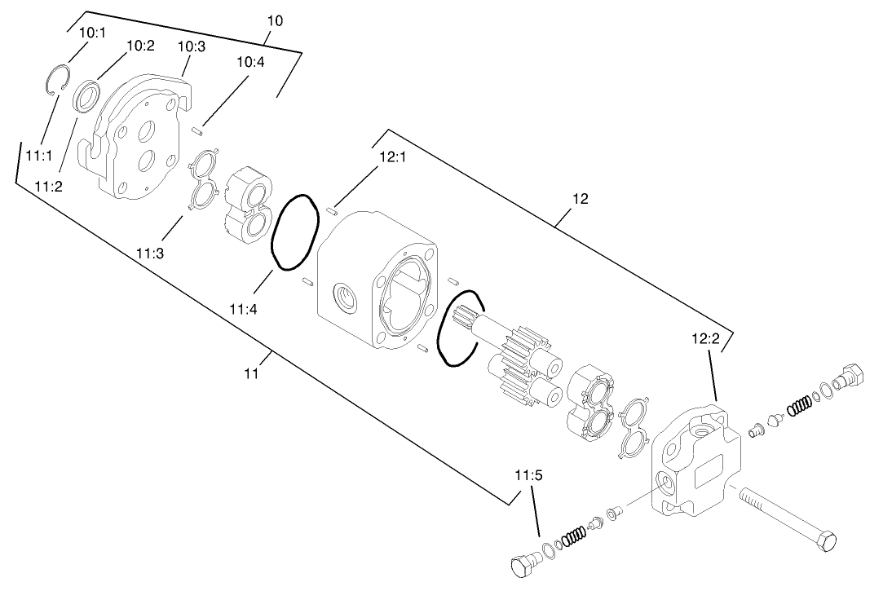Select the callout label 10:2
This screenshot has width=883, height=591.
[140, 46]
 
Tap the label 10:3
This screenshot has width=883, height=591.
[192, 46]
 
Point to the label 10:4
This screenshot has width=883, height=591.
[250, 62]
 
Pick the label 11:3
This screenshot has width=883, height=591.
[150, 254]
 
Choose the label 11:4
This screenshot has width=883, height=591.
[244, 308]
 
